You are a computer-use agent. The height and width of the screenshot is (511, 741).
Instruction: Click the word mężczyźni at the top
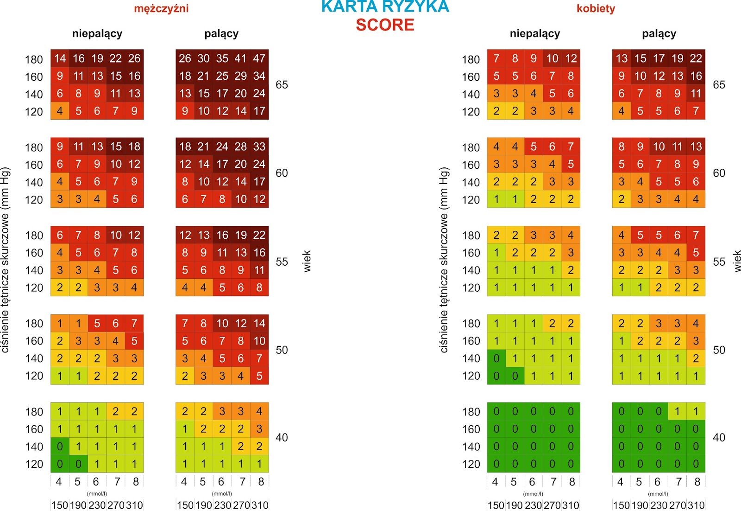pyautogui.click(x=161, y=8)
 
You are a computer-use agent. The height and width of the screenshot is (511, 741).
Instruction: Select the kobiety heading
pyautogui.click(x=596, y=8)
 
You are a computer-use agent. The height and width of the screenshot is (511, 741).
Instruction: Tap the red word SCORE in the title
pyautogui.click(x=385, y=25)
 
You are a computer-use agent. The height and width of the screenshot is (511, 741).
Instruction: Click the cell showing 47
pyautogui.click(x=259, y=58)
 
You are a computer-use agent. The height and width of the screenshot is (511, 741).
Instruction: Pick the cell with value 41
pyautogui.click(x=241, y=58)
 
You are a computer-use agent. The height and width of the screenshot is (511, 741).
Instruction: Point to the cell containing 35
pyautogui.click(x=222, y=58)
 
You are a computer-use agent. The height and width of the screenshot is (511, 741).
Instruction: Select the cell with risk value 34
pyautogui.click(x=259, y=76)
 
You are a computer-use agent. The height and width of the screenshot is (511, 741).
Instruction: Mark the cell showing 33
pyautogui.click(x=259, y=147)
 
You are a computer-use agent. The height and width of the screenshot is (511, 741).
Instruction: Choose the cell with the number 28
pyautogui.click(x=241, y=147)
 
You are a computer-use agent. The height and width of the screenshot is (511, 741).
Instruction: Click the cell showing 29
pyautogui.click(x=241, y=76)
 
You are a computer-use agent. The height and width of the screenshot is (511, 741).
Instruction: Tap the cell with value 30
pyautogui.click(x=204, y=58)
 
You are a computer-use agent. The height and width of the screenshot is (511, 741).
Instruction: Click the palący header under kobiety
pyautogui.click(x=659, y=33)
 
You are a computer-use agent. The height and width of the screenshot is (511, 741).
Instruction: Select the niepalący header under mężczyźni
pyautogui.click(x=97, y=33)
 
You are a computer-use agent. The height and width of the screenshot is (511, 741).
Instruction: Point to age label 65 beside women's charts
pyautogui.click(x=719, y=85)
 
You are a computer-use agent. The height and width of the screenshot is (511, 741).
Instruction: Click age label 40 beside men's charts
pyautogui.click(x=282, y=437)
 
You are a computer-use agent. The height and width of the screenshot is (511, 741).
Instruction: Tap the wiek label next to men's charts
pyautogui.click(x=307, y=261)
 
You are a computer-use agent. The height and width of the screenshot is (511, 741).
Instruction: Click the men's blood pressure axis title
pyautogui.click(x=6, y=260)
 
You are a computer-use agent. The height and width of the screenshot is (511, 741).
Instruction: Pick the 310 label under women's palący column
pyautogui.click(x=696, y=505)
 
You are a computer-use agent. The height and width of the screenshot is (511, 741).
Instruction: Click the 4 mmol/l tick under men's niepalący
pyautogui.click(x=59, y=482)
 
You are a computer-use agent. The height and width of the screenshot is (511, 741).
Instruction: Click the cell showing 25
pyautogui.click(x=222, y=76)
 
